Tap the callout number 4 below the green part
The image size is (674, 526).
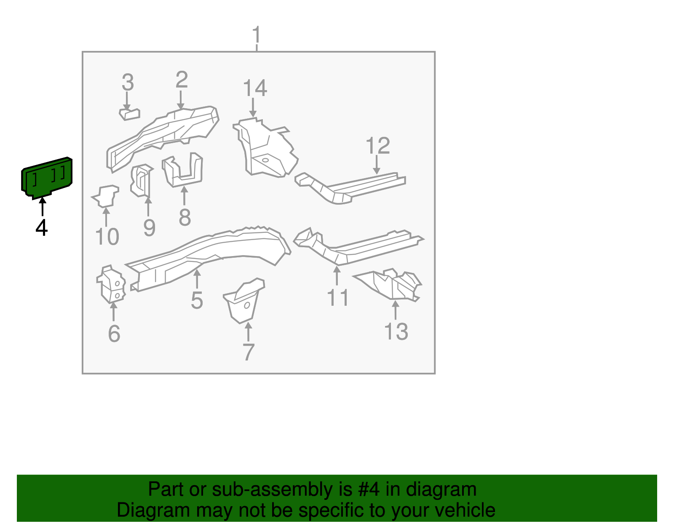[x=42, y=228]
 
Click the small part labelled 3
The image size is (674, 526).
[x=130, y=114]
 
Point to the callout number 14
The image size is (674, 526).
[x=255, y=88]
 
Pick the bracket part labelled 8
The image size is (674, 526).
[x=184, y=171]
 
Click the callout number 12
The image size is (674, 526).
[x=378, y=146]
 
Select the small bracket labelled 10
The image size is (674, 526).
[x=106, y=196]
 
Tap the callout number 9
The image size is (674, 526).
[x=149, y=228]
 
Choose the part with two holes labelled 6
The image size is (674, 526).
[x=112, y=285]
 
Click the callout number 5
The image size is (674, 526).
[x=197, y=300]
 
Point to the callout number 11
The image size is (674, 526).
[x=338, y=298]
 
